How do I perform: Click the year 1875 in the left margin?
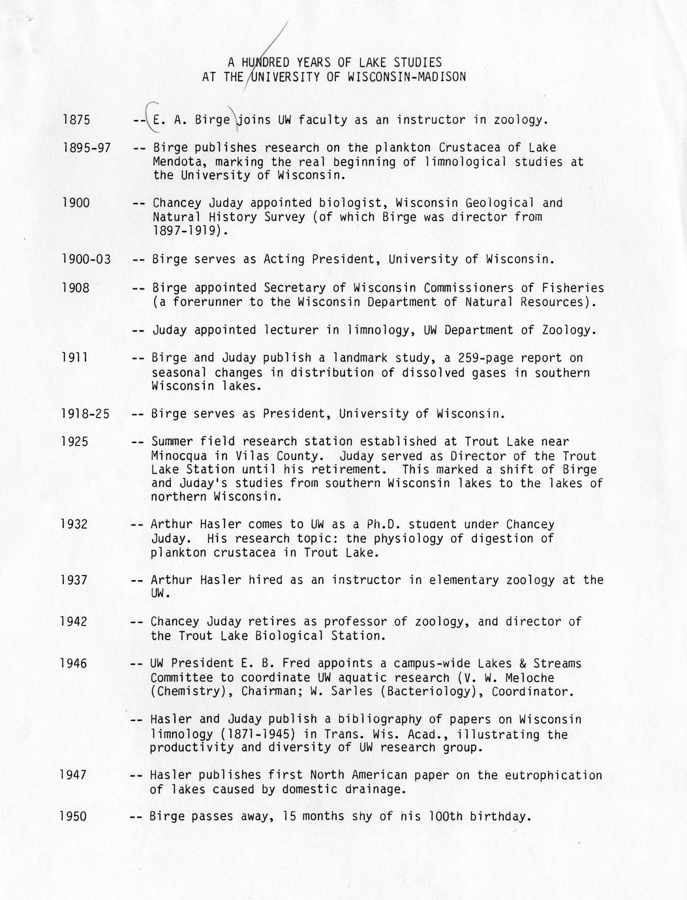coord(76,120)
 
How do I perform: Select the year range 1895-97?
coord(86,148)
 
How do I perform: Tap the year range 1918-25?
coord(85,414)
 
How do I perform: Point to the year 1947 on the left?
coord(73,775)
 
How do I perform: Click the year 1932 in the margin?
coord(74,524)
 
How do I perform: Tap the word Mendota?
coord(176,162)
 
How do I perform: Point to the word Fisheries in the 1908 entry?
coord(573,288)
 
